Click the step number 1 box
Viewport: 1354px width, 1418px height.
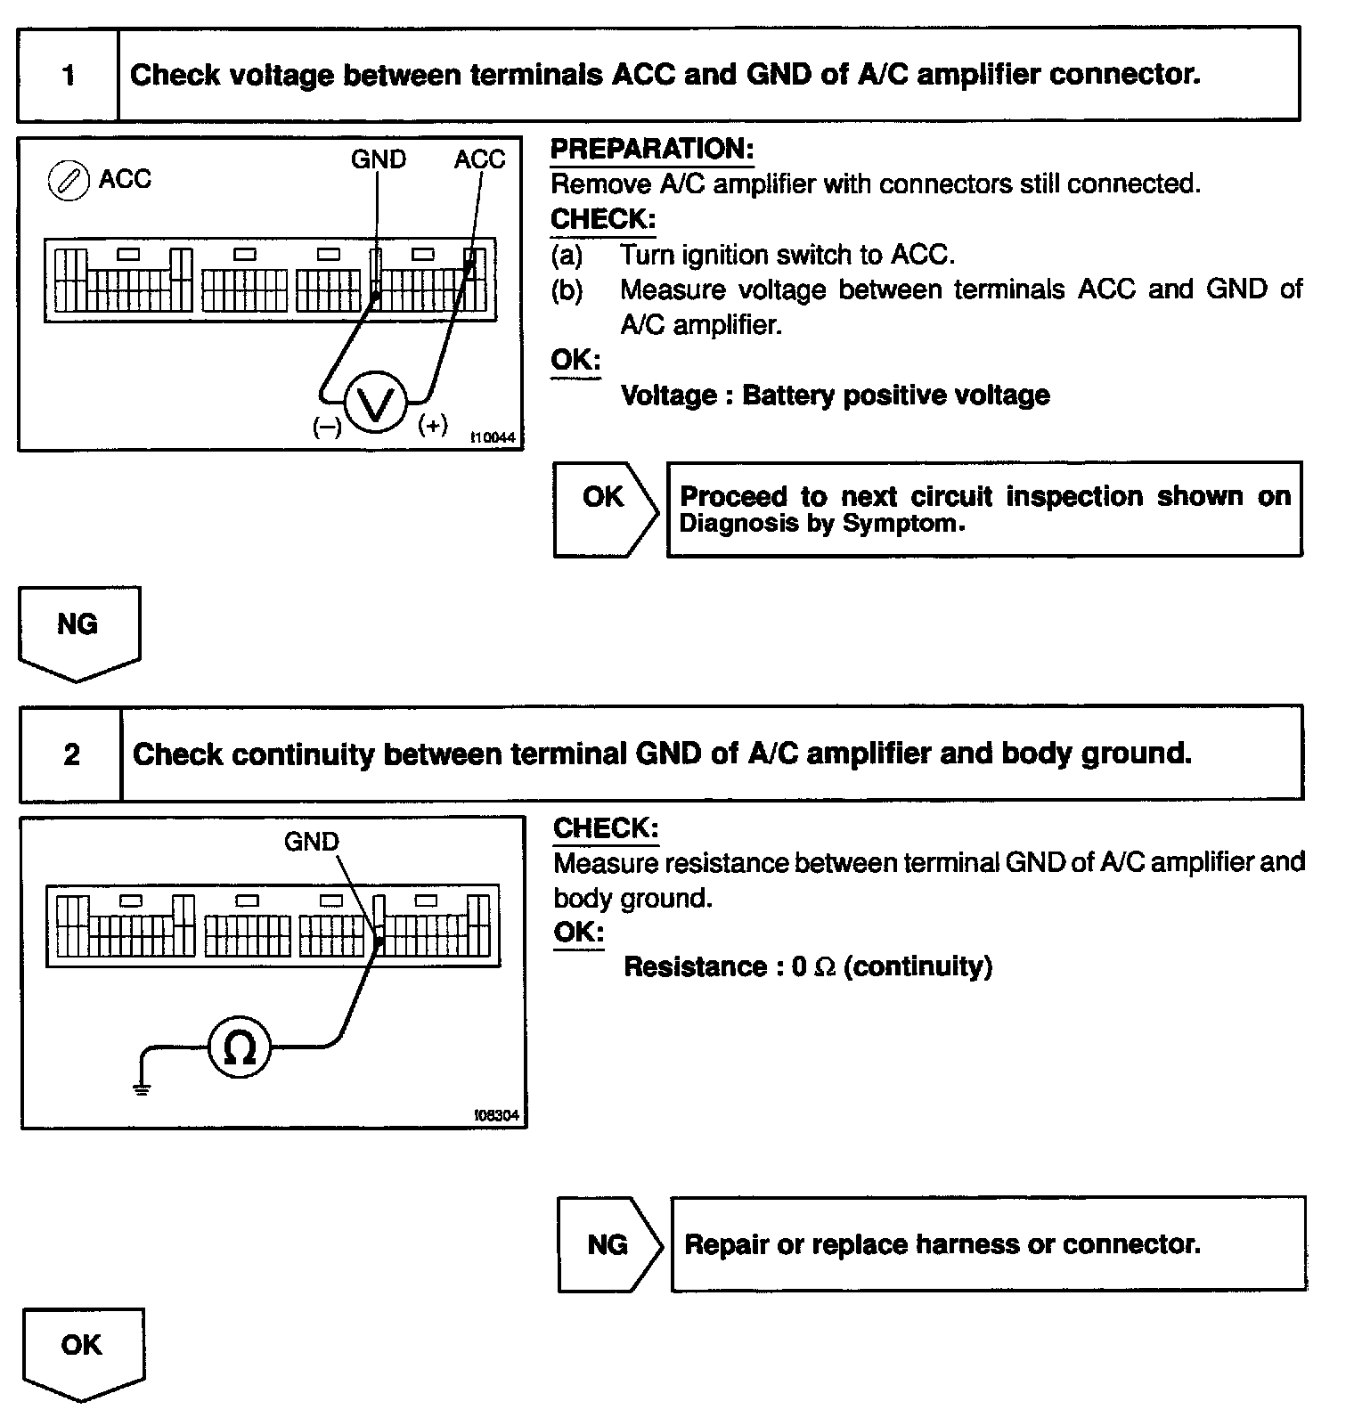click(x=68, y=75)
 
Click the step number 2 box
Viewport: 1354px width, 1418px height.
click(x=71, y=754)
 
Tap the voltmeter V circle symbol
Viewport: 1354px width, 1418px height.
click(x=376, y=403)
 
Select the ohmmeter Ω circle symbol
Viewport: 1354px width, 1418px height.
click(x=239, y=1047)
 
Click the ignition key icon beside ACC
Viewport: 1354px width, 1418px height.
click(x=68, y=182)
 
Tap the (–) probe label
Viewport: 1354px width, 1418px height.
click(x=327, y=428)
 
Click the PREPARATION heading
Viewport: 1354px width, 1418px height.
click(x=652, y=149)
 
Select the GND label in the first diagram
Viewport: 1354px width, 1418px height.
click(x=379, y=159)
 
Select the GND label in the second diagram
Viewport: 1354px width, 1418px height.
click(x=312, y=841)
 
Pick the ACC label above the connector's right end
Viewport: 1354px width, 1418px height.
click(x=479, y=159)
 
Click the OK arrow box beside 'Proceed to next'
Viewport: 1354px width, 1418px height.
click(x=605, y=509)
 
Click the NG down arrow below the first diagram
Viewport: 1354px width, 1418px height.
click(x=78, y=631)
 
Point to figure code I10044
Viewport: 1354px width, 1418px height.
click(x=493, y=437)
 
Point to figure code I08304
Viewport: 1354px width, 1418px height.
click(x=497, y=1115)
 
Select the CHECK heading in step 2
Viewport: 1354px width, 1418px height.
click(x=606, y=827)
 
